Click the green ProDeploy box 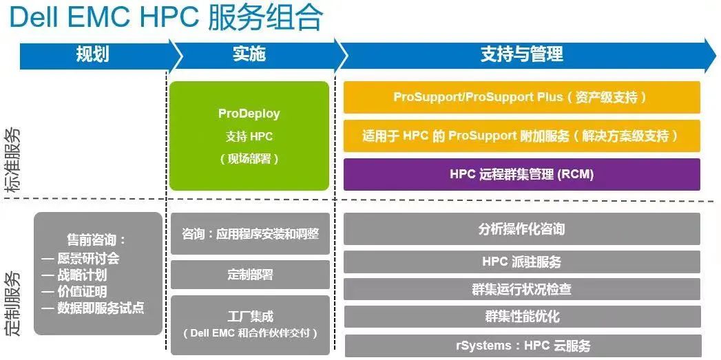pyautogui.click(x=249, y=136)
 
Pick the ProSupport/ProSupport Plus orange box pyautogui.click(x=522, y=97)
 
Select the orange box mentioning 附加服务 pyautogui.click(x=522, y=136)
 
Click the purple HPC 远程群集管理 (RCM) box pyautogui.click(x=522, y=174)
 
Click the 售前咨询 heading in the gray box pyautogui.click(x=96, y=240)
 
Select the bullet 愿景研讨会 pyautogui.click(x=81, y=258)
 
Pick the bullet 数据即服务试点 pyautogui.click(x=93, y=308)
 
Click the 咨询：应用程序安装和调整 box pyautogui.click(x=250, y=233)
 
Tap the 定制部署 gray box pyautogui.click(x=250, y=275)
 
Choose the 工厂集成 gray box pyautogui.click(x=250, y=325)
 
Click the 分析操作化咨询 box pyautogui.click(x=522, y=229)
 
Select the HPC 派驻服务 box pyautogui.click(x=522, y=262)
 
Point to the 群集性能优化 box pyautogui.click(x=522, y=317)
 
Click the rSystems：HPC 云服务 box pyautogui.click(x=523, y=346)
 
